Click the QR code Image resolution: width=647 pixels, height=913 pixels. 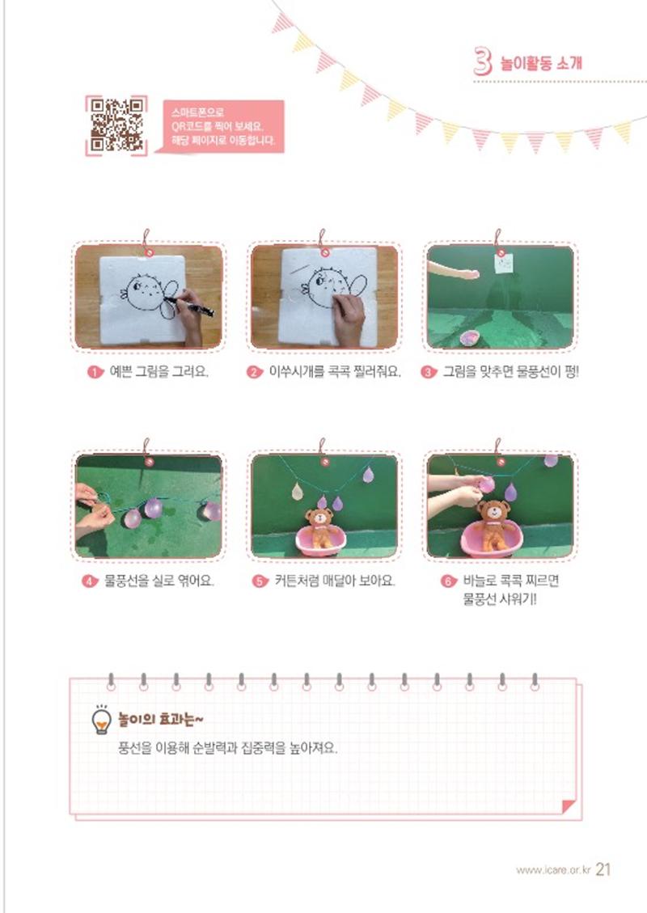point(116,126)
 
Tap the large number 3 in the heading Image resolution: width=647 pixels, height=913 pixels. point(483,61)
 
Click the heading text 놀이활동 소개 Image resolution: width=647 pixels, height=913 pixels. point(541,62)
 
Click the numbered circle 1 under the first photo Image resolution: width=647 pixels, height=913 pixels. point(95,371)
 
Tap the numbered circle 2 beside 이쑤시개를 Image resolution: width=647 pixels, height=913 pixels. point(255,371)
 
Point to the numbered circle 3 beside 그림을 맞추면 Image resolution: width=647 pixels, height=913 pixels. point(429,371)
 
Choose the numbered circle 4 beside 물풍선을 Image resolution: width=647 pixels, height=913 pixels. point(90,581)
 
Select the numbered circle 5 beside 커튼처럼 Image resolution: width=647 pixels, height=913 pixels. point(260,581)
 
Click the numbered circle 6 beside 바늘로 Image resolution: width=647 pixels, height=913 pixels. point(448,581)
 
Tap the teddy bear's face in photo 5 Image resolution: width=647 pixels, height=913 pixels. point(319,517)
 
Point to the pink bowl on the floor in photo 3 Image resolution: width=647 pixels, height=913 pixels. point(469,337)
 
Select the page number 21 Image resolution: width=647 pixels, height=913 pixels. point(603,869)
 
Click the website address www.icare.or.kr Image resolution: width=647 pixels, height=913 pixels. point(552,870)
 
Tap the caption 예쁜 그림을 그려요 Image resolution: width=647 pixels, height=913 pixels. point(159,371)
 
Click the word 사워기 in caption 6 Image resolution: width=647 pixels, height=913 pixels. point(514,599)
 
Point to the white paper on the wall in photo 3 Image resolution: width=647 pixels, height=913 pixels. point(504,263)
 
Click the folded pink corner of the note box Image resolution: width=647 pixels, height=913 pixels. point(569,807)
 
